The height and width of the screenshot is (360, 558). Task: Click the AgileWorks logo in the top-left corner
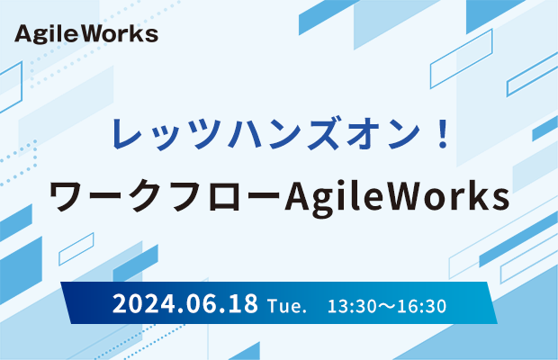86,34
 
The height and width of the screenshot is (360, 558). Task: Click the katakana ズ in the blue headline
323,133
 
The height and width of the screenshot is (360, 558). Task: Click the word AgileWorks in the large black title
397,197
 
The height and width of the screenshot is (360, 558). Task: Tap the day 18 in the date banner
243,303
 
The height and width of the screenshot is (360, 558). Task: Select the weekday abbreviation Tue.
287,306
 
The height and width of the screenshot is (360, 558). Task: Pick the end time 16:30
422,306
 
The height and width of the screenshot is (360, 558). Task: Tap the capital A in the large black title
298,196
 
